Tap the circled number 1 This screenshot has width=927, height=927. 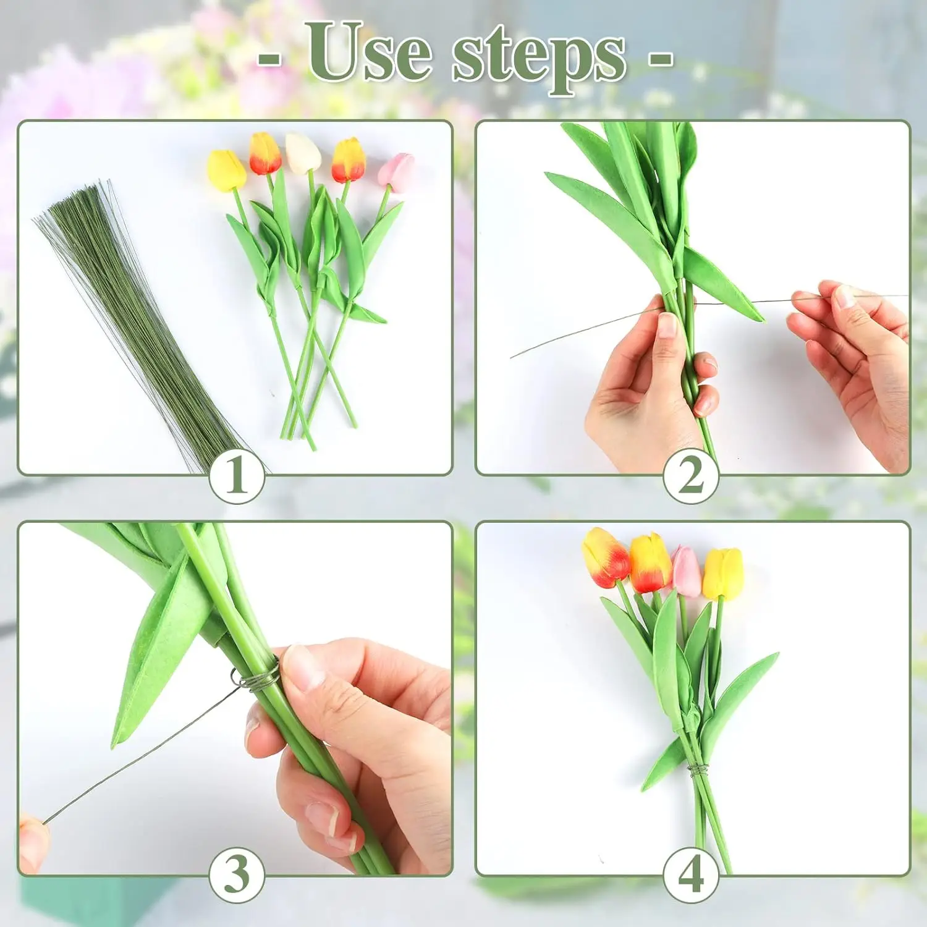[x=237, y=476]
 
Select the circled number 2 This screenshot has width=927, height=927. [x=691, y=476]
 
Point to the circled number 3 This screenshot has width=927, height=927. [x=237, y=875]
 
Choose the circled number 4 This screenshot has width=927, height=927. [x=691, y=875]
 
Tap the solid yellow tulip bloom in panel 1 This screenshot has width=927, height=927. [x=226, y=170]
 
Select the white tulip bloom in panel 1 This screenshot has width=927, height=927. [x=303, y=153]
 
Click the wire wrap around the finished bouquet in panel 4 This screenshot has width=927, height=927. [x=698, y=769]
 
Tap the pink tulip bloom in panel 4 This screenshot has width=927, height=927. [x=686, y=571]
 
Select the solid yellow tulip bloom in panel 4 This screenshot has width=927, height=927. [x=722, y=574]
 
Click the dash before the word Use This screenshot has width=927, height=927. [x=269, y=59]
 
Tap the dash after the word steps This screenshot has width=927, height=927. [x=660, y=59]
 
